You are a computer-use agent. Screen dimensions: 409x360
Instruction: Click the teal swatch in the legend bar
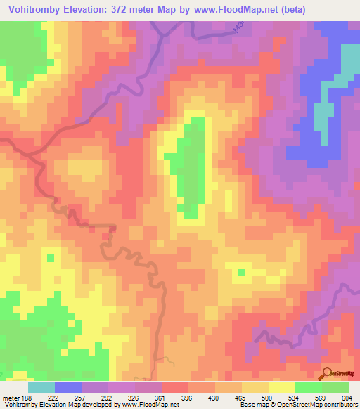click(41, 387)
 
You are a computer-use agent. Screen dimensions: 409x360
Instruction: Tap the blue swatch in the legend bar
click(68, 387)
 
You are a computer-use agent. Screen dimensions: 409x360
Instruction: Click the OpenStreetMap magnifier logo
click(327, 374)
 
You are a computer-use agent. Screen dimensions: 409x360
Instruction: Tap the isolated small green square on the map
click(243, 272)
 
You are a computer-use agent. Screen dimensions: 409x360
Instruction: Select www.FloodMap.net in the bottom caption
click(145, 405)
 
